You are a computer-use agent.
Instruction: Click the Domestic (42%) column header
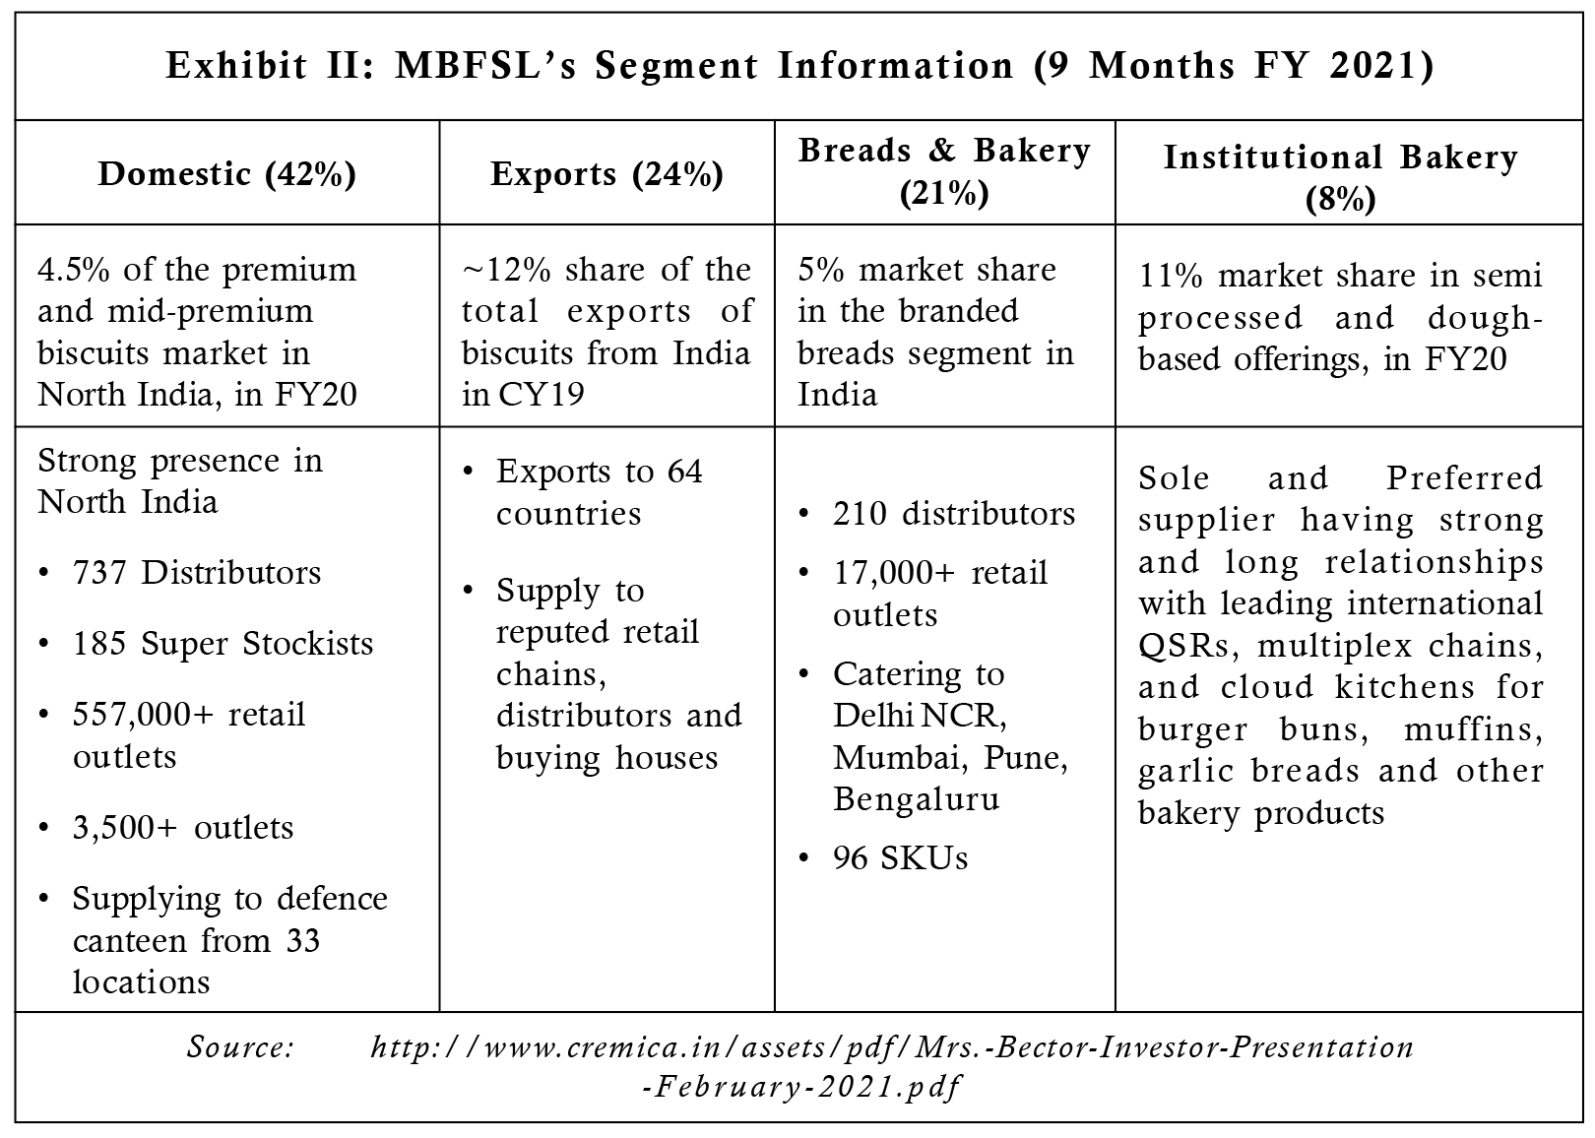click(227, 174)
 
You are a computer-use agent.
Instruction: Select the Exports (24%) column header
click(606, 174)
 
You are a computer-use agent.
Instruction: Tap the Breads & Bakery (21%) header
click(944, 171)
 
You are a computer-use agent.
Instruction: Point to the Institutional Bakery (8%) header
click(1340, 178)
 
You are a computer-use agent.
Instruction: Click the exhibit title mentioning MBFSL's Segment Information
click(799, 66)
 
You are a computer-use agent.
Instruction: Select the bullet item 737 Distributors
click(197, 573)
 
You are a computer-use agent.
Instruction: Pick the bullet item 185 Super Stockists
click(223, 644)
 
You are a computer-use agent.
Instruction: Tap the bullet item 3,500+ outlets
click(183, 828)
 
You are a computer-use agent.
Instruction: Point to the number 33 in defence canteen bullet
click(302, 941)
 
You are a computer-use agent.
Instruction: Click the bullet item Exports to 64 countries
click(600, 492)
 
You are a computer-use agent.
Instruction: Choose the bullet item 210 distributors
click(954, 514)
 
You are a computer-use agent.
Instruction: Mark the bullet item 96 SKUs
click(901, 858)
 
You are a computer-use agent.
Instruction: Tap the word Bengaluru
click(917, 799)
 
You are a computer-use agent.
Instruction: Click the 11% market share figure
click(1171, 277)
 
